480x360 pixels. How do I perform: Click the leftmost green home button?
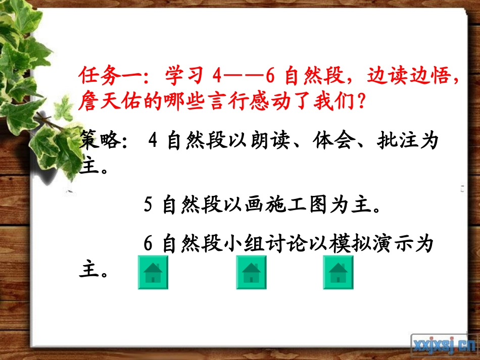(x=153, y=273)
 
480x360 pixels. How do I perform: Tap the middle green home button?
(x=251, y=273)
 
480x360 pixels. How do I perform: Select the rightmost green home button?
(x=338, y=273)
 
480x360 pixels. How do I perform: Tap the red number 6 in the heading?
(x=269, y=77)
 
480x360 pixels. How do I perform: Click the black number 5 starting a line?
(x=149, y=205)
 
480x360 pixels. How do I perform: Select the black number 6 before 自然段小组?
(x=149, y=244)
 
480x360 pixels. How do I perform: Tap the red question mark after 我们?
(x=360, y=104)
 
